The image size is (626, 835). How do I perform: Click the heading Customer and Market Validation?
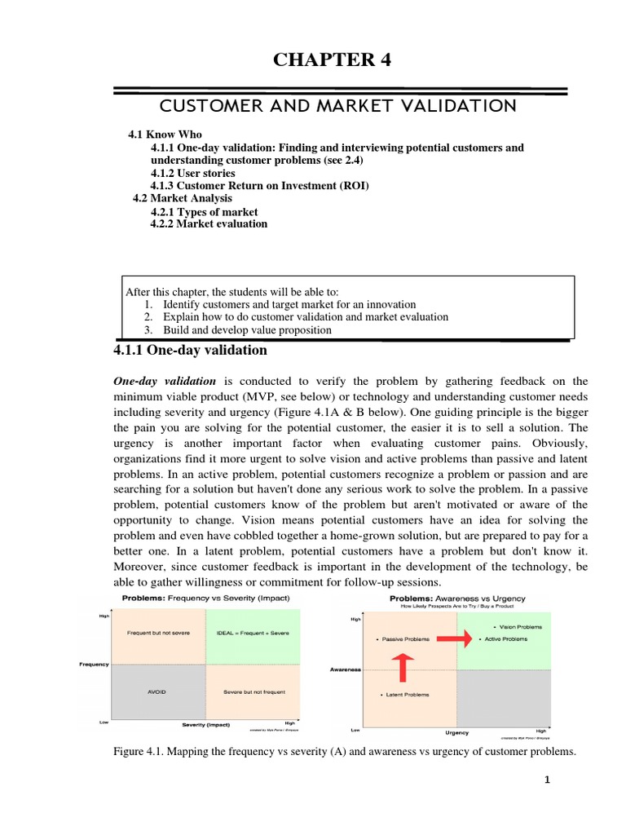point(337,106)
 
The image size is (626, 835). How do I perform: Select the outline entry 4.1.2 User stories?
point(193,173)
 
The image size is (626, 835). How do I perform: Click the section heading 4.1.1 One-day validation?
point(189,350)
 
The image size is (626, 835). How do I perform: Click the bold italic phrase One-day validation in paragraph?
point(164,381)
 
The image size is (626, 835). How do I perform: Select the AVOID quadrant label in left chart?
point(156,691)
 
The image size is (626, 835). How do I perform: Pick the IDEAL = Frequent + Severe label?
point(252,633)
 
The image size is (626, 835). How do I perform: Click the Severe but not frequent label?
point(253,691)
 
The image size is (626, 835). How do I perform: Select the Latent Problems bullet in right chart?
point(405,694)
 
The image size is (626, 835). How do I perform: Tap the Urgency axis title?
point(456,732)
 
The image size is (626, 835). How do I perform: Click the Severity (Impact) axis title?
point(205,723)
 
